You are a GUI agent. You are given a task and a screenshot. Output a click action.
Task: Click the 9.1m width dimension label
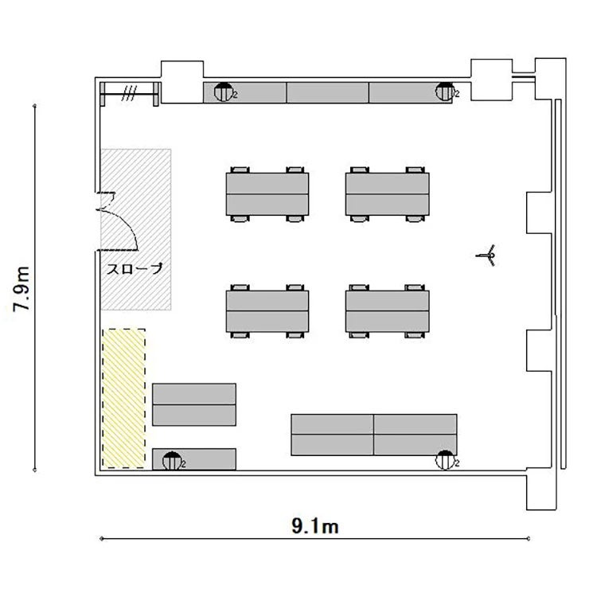coord(315,527)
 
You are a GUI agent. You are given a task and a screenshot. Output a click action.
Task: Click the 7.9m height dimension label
coord(21,289)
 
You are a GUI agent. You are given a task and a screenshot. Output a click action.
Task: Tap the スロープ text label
coord(135,269)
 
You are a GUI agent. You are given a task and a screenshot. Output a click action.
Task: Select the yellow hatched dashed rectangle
coord(123,398)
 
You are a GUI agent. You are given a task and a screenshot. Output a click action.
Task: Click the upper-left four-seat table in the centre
coord(267,194)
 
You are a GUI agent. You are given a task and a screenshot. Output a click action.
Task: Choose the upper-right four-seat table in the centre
coord(387,194)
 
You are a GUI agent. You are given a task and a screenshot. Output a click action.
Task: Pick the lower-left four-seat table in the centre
coord(267,311)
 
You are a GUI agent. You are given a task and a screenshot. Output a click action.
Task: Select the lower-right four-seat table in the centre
coord(387,311)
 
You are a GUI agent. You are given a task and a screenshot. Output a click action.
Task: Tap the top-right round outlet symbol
coord(445,92)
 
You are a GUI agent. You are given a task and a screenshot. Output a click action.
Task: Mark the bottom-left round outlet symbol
coord(172,461)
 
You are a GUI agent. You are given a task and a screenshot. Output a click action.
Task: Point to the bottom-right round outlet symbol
coord(445,460)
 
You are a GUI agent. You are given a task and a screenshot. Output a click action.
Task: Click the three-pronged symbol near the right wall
coord(487,255)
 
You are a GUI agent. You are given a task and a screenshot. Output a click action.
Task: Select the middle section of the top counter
coord(327,92)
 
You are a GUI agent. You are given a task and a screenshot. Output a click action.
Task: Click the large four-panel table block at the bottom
coord(374,435)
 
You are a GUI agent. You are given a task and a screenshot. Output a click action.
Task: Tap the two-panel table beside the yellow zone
coord(194,404)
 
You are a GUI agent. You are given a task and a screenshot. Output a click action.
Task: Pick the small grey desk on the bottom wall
coord(194,459)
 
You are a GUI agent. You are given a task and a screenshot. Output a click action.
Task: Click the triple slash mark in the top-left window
coord(129,93)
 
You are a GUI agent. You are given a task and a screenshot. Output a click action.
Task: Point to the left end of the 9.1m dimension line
coord(102,539)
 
